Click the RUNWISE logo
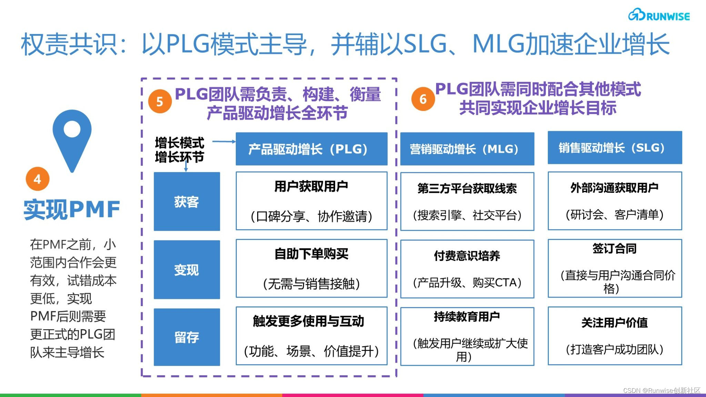[659, 15]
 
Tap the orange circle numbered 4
[38, 179]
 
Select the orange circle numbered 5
[160, 101]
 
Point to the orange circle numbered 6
[423, 99]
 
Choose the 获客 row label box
[186, 201]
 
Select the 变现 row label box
[186, 270]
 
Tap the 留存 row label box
[186, 337]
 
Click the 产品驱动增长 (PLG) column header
[311, 149]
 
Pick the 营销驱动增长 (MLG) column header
[467, 149]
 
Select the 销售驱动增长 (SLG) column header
[615, 148]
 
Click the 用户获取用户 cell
[311, 201]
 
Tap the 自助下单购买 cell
[311, 269]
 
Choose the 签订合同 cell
[615, 268]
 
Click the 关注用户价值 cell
[615, 336]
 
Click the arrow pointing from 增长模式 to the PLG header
[224, 141]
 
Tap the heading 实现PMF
[72, 209]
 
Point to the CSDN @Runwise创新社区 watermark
[662, 390]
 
